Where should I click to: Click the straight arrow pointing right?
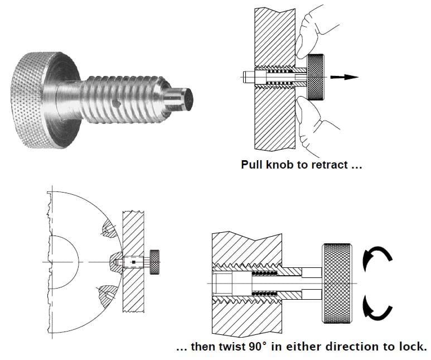click(x=346, y=77)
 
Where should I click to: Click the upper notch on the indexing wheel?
click(x=107, y=229)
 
